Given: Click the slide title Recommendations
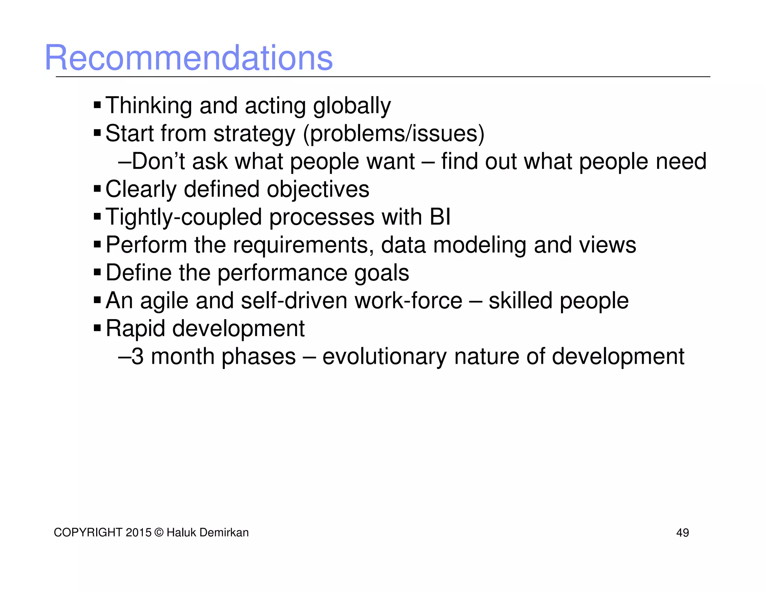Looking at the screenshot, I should pyautogui.click(x=189, y=58).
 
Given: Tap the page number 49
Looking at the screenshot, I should pyautogui.click(x=682, y=533).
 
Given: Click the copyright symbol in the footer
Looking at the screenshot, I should pyautogui.click(x=159, y=533).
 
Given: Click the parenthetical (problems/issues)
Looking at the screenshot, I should pyautogui.click(x=393, y=134).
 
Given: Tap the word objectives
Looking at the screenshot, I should pyautogui.click(x=318, y=189).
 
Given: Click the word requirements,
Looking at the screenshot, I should pyautogui.click(x=303, y=245).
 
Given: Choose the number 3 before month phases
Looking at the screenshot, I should pyautogui.click(x=138, y=356).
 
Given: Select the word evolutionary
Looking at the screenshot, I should pyautogui.click(x=384, y=357).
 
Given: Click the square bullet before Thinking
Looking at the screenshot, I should pyautogui.click(x=97, y=105).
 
